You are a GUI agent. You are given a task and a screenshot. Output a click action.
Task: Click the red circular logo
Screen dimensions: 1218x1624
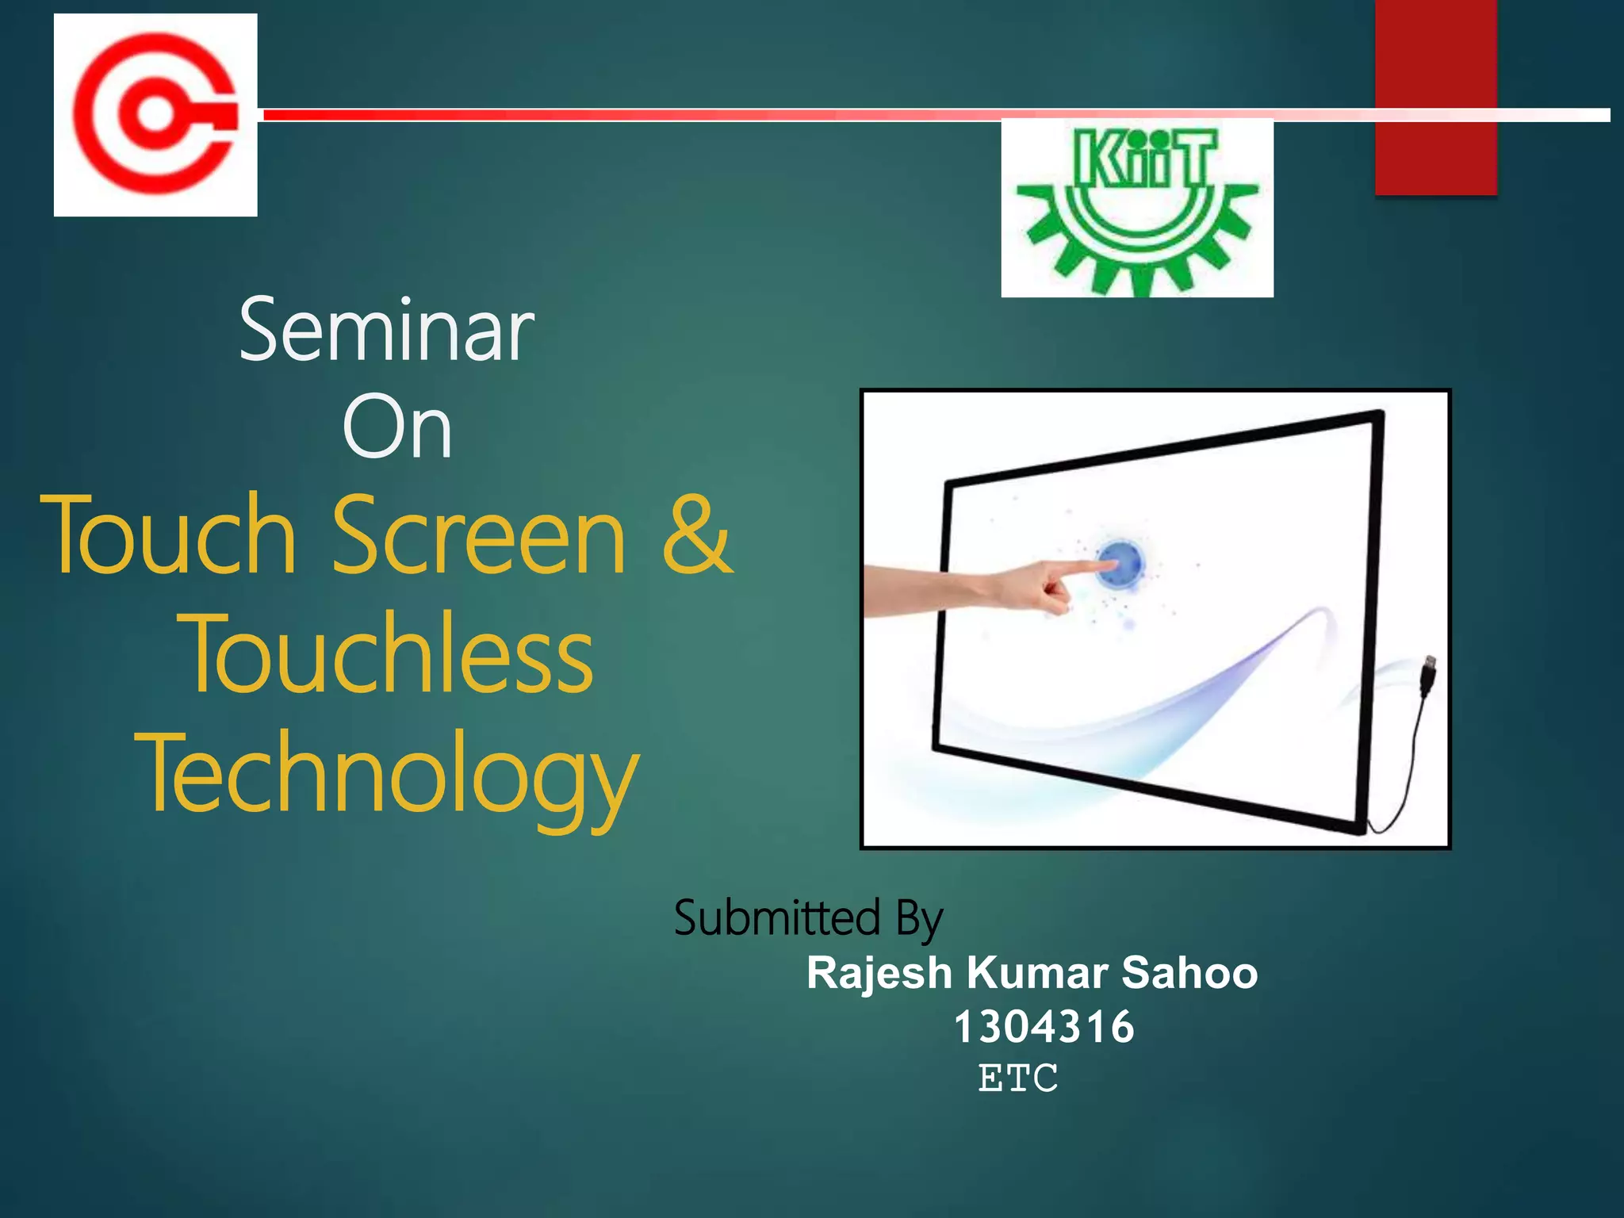click(155, 114)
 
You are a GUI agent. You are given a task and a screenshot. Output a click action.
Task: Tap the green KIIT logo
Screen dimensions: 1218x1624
click(1137, 208)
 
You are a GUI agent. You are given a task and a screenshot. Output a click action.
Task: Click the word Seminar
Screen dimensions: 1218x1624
click(387, 330)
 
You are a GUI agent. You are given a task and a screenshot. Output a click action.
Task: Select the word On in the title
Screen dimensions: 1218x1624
click(397, 428)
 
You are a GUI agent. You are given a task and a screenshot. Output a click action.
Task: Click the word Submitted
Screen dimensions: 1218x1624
click(777, 918)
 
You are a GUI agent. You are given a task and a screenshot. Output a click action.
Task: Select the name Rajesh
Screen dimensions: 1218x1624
click(879, 973)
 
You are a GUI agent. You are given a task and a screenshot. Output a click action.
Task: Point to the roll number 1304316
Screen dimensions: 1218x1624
click(1044, 1027)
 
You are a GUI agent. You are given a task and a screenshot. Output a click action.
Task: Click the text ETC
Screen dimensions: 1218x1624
click(1018, 1078)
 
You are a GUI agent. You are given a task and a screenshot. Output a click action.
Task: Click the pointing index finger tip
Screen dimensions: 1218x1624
click(1107, 565)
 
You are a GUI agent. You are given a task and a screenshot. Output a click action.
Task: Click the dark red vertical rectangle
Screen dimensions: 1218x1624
click(1435, 95)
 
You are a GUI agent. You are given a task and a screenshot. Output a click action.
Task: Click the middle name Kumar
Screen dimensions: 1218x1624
click(1037, 973)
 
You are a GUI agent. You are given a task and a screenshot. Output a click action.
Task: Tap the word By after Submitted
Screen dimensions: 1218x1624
click(919, 920)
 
